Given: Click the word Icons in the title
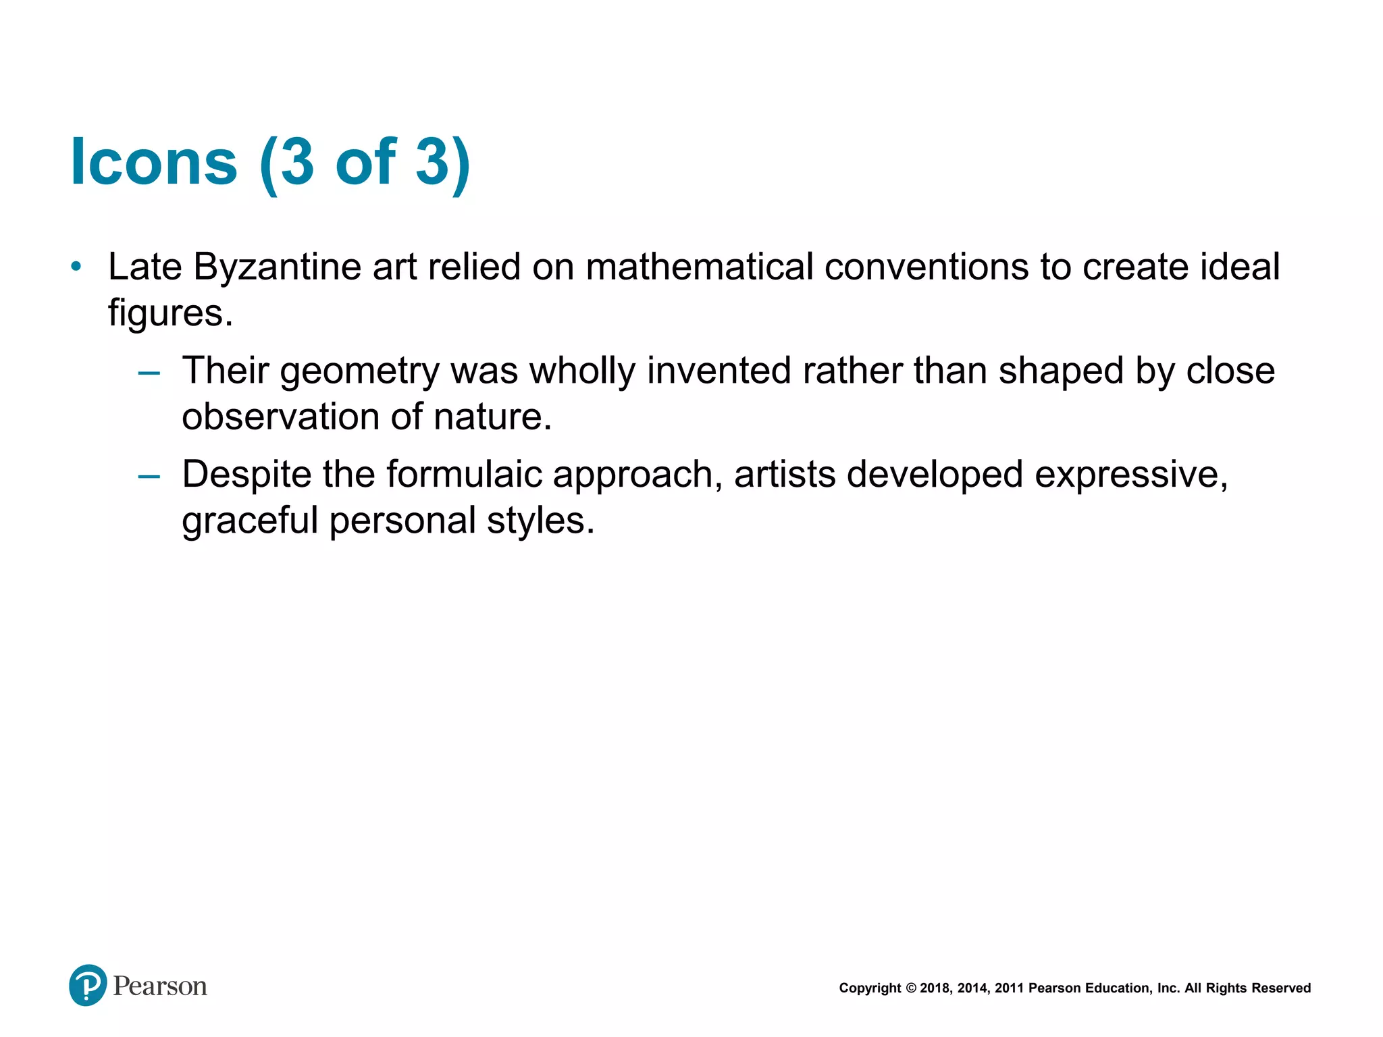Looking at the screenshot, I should tap(154, 162).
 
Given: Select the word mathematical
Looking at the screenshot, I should tap(699, 267).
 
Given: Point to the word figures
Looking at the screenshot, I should tap(170, 314).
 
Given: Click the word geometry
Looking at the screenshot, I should tap(360, 372).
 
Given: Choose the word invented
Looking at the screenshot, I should tap(719, 371).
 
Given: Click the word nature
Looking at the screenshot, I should tap(492, 417).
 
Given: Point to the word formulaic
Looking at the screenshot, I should tap(464, 475).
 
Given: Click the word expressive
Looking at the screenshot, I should tap(1131, 475).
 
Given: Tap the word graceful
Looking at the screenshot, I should tap(250, 521).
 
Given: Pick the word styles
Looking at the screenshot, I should tap(540, 521).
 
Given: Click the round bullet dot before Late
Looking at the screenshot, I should tap(76, 267).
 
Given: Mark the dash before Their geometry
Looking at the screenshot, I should tap(149, 372).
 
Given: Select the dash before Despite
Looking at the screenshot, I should tap(149, 476).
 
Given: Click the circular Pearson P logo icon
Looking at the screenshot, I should tap(88, 985).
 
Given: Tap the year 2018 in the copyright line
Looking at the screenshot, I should tap(935, 988).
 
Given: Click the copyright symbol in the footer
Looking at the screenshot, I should tap(910, 988).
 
